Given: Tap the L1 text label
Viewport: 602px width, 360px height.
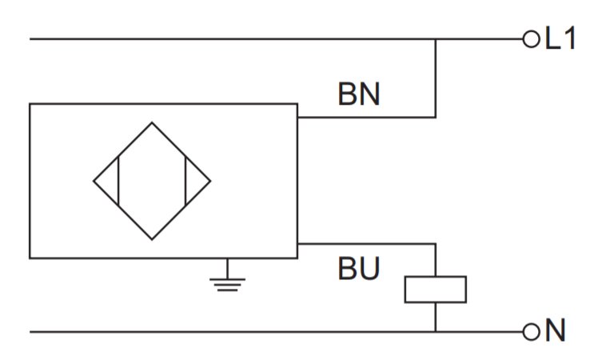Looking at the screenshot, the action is click(560, 38).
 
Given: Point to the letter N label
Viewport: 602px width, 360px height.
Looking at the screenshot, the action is click(555, 330).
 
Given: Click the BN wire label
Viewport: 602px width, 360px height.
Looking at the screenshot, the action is click(359, 94).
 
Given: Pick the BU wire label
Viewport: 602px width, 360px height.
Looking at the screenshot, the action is click(359, 268).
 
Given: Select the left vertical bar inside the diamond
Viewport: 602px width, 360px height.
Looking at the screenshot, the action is click(118, 181).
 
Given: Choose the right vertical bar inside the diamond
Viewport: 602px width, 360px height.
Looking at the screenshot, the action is click(185, 181).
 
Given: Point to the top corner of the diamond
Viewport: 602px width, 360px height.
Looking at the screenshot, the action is click(152, 122).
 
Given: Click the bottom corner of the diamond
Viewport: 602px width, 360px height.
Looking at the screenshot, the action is click(152, 239).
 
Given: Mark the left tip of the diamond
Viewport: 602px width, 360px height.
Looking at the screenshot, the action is click(94, 181).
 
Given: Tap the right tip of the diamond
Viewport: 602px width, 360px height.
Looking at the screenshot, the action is click(210, 181).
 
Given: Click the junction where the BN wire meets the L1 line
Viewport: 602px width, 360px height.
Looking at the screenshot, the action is click(436, 39).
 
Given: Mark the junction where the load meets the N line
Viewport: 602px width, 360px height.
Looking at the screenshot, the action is click(436, 331).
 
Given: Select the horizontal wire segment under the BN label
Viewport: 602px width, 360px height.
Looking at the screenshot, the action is click(367, 117).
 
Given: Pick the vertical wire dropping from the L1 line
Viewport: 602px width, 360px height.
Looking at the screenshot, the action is click(436, 78).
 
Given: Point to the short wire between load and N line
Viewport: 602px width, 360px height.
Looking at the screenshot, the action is click(436, 318).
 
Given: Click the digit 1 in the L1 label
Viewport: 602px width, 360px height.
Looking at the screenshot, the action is click(570, 38).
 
